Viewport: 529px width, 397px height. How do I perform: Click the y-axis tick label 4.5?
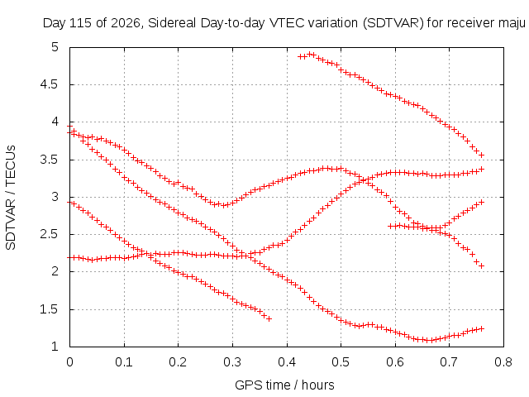50,84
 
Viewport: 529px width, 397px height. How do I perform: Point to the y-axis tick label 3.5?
50,160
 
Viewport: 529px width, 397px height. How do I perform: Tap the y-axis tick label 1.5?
50,309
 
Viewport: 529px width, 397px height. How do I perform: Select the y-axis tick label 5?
55,47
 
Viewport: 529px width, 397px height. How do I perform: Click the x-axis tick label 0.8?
503,362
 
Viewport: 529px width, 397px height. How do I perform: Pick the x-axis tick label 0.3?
232,362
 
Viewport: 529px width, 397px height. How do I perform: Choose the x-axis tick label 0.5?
341,362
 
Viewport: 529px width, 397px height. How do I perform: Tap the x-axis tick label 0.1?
124,362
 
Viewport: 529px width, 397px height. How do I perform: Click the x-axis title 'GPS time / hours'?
284,385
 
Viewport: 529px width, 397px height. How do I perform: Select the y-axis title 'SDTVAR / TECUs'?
11,198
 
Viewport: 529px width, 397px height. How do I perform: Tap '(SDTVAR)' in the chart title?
393,23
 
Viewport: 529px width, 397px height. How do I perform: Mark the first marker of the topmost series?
300,57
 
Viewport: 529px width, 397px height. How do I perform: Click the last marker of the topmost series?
482,155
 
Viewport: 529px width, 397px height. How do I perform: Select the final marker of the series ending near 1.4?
269,318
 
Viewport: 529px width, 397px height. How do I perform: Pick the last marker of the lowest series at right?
482,328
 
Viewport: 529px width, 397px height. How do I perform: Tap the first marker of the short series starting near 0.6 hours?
391,226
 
